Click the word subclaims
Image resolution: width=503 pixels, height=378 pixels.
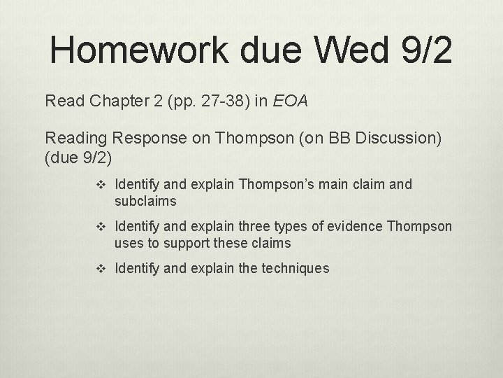(x=145, y=201)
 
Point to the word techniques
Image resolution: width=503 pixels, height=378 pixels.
(x=294, y=268)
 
